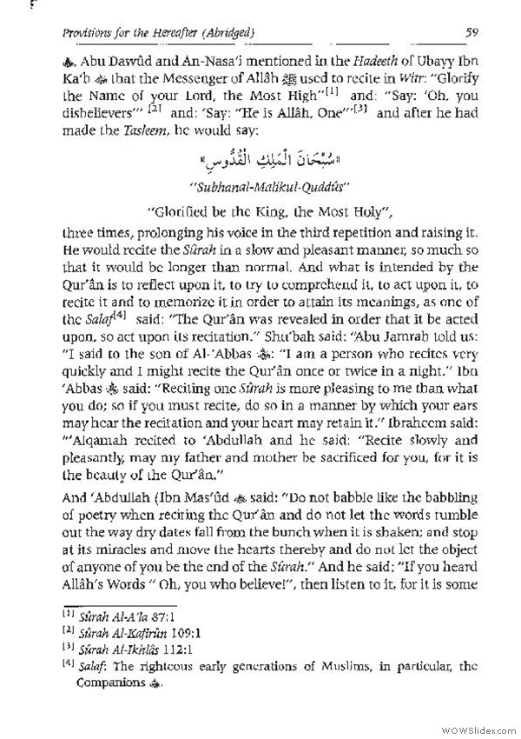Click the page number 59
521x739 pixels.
(x=467, y=34)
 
